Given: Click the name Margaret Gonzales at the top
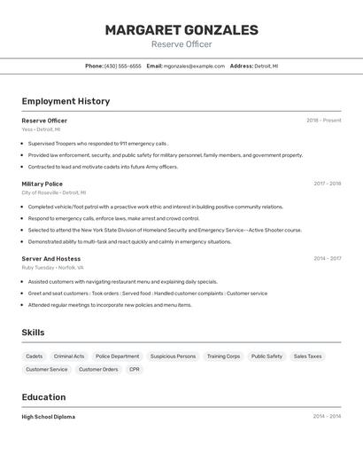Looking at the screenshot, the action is click(181, 30).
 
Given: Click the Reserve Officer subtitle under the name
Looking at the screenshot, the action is click(181, 44).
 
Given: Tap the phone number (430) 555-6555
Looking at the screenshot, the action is click(122, 66).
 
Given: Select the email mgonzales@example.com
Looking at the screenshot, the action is click(194, 66).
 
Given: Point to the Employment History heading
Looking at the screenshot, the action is click(66, 101).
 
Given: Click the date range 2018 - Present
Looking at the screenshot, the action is click(323, 121).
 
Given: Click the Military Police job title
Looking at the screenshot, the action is click(42, 184).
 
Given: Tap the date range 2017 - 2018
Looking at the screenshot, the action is click(327, 184).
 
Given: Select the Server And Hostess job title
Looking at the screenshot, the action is click(50, 259).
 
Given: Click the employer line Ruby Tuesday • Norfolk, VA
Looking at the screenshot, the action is click(52, 267).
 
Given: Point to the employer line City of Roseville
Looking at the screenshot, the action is click(53, 192).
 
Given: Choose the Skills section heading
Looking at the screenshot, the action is click(34, 333).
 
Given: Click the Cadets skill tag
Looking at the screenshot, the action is click(35, 356).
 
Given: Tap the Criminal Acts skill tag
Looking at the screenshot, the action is click(69, 356).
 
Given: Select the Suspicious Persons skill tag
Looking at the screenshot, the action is click(173, 356).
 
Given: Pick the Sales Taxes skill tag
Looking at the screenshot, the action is click(307, 356).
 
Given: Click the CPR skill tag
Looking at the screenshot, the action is click(135, 369).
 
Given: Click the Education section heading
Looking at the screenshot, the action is click(43, 397).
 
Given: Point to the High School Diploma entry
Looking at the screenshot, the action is click(49, 417).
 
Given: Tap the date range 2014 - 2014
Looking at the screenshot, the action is click(327, 417).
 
